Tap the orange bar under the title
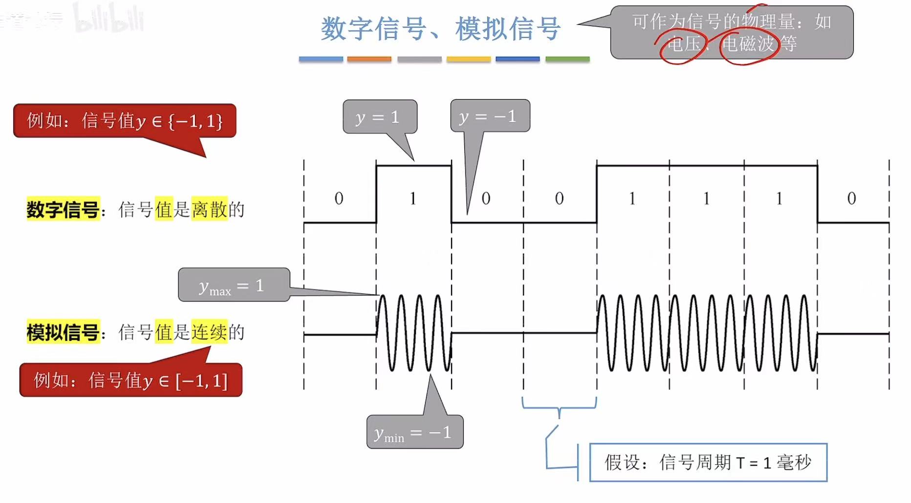point(369,59)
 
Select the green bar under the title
point(567,59)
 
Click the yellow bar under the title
point(468,59)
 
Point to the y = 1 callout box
point(380,117)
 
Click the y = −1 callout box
point(490,116)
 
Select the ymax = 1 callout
point(234,285)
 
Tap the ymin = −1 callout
point(414,432)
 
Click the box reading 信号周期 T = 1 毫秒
point(708,462)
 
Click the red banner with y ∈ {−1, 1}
point(125,121)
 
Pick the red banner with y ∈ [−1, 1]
point(130,380)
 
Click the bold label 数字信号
point(63,210)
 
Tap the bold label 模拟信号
point(63,332)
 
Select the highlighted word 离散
point(209,210)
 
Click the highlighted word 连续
point(209,332)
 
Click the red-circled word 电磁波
point(748,44)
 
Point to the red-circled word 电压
point(683,44)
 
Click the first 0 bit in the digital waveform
point(339,198)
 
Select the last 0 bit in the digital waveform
point(851,198)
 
